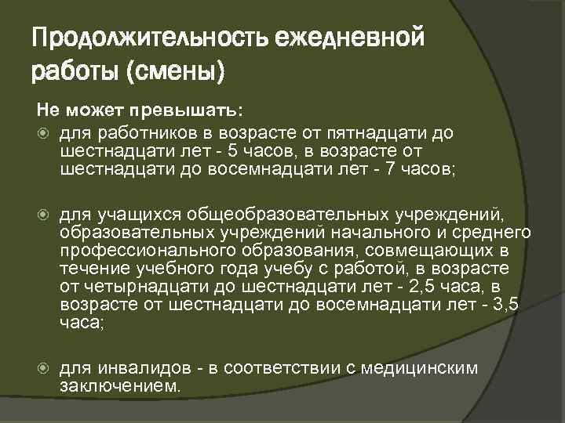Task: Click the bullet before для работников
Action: pos(44,132)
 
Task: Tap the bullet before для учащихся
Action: pos(44,215)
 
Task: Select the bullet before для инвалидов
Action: pos(44,369)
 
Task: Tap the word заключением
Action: pos(119,386)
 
